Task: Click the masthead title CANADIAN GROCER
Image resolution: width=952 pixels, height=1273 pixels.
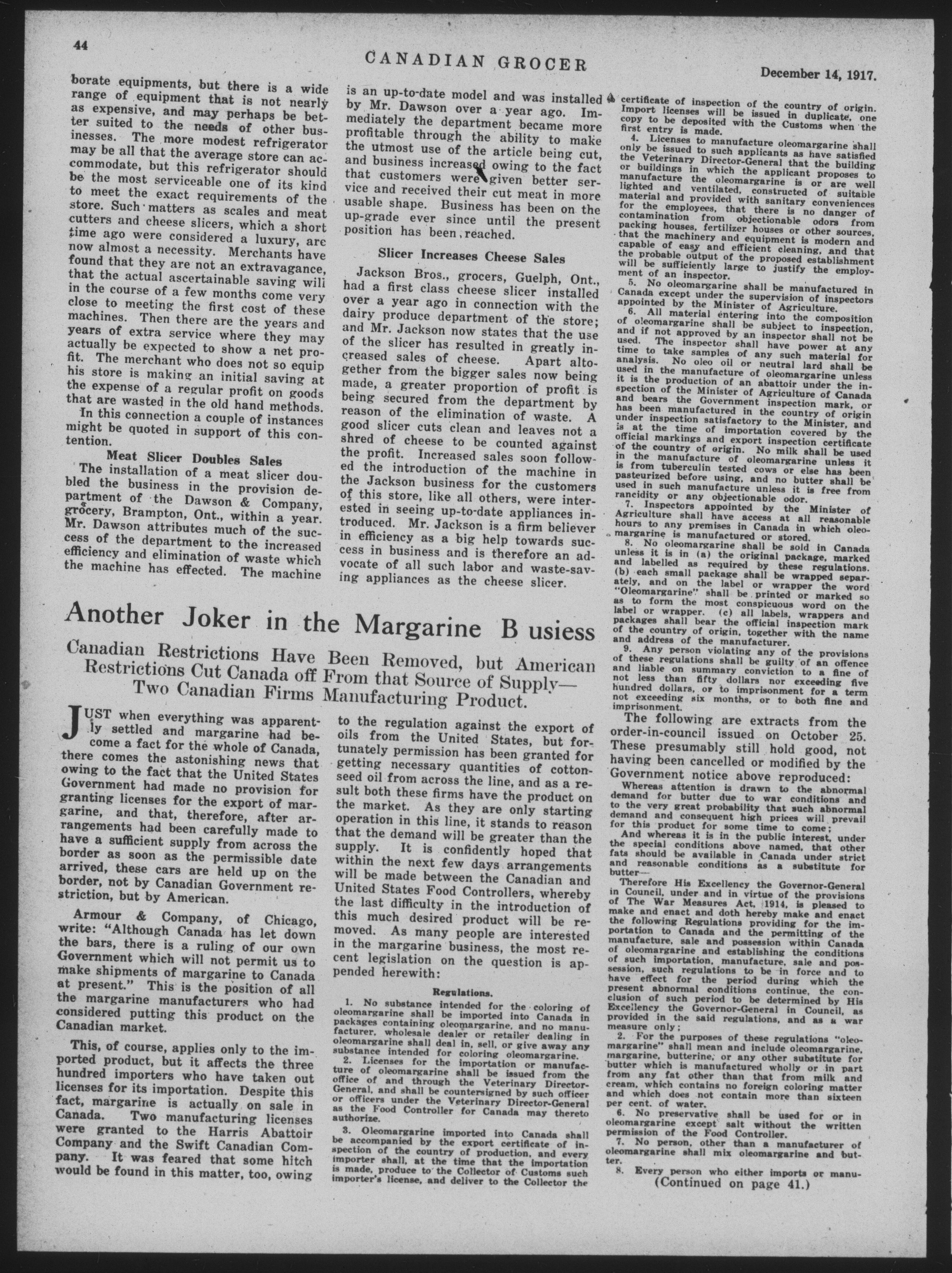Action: (475, 61)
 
